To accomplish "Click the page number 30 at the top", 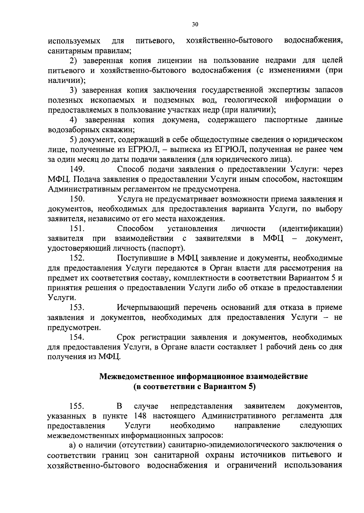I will (195, 25).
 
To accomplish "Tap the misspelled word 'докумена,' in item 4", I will (181, 120).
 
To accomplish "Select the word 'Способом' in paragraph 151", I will (135, 228).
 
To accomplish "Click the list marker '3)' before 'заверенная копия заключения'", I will (74, 90).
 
